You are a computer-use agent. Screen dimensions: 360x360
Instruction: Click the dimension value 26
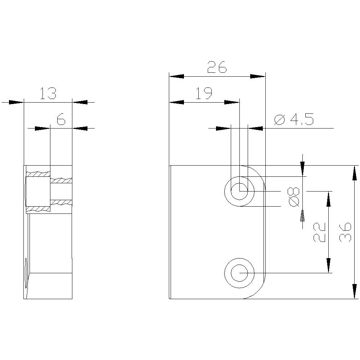217,67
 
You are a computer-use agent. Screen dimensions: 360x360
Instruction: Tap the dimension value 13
48,94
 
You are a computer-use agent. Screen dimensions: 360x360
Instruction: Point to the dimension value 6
61,119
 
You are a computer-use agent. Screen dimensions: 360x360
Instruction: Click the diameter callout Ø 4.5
294,119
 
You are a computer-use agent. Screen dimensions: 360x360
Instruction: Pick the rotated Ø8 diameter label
294,197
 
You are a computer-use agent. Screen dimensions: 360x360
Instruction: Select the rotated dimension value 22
320,232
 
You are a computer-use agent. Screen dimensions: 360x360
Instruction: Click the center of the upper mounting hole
239,191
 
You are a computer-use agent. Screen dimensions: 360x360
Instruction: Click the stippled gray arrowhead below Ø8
302,216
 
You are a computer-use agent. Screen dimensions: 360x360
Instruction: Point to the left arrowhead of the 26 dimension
176,76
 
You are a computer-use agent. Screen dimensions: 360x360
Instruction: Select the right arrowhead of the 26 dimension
258,76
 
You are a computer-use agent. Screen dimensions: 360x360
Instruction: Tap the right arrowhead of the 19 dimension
232,102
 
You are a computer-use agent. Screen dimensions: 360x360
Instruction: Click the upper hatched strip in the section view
38,174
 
